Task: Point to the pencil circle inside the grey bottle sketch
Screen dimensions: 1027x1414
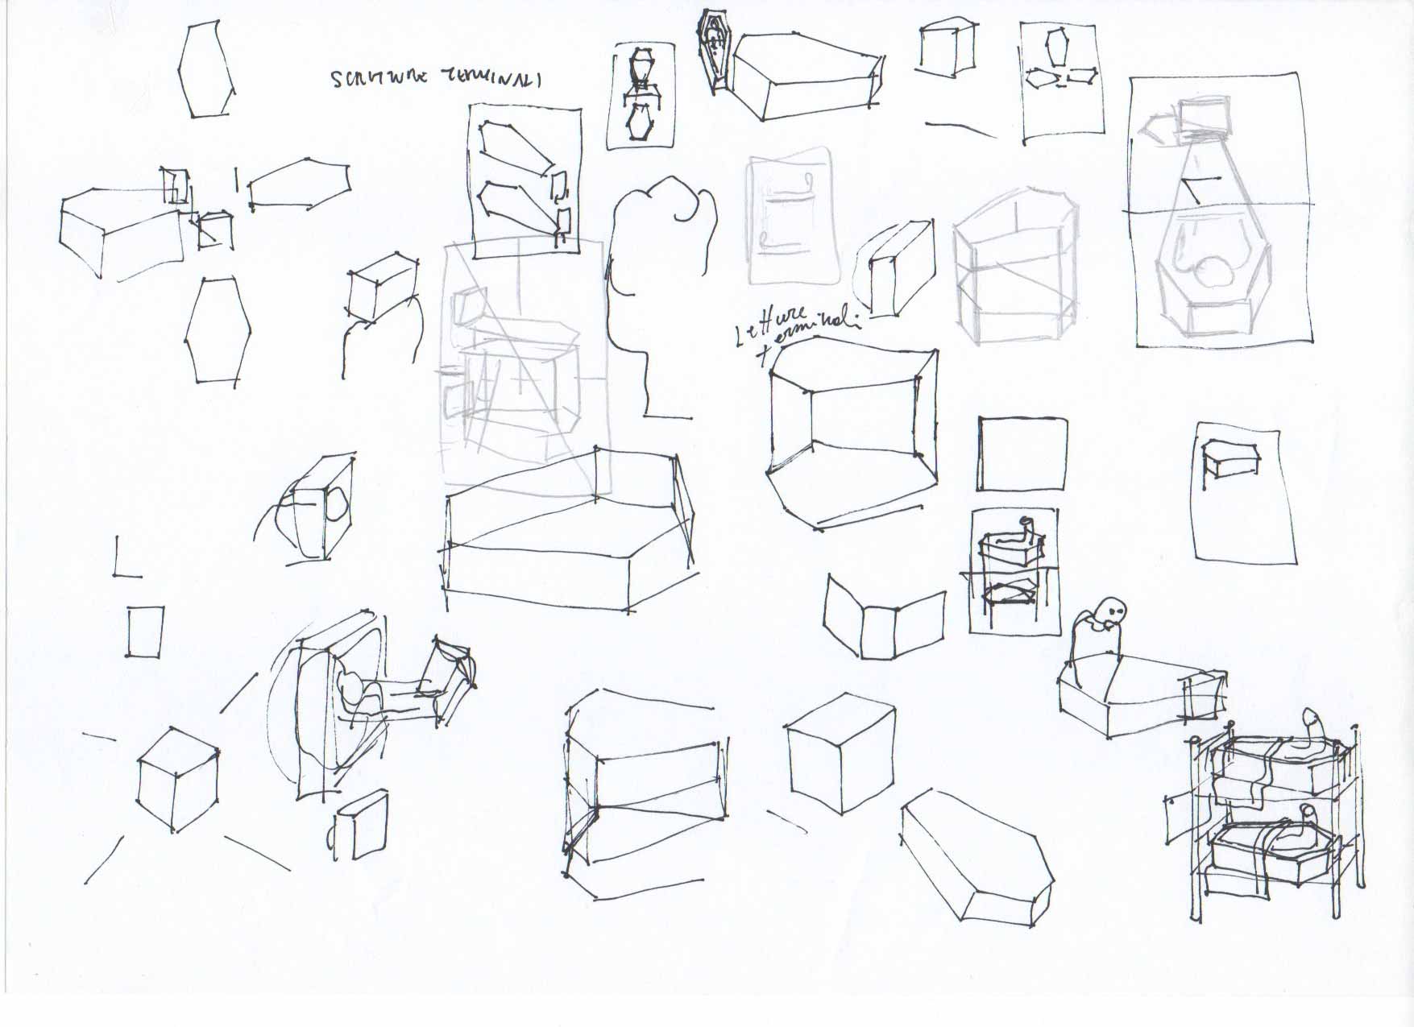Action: point(1213,274)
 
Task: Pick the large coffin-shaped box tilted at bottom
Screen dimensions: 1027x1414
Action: point(976,856)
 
